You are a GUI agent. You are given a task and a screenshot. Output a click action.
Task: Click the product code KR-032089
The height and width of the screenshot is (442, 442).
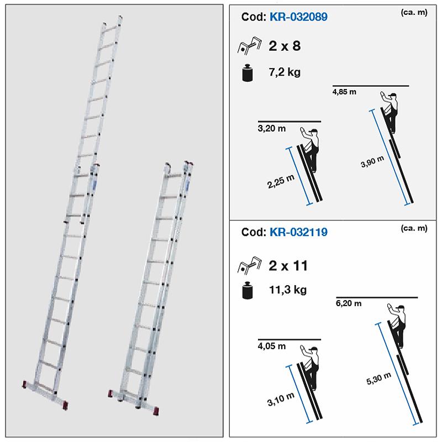(x=298, y=17)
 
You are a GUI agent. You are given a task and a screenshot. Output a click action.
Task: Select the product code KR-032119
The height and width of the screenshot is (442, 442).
(x=298, y=233)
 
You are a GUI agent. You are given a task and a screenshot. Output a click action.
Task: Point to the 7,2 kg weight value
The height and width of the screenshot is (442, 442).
(x=286, y=72)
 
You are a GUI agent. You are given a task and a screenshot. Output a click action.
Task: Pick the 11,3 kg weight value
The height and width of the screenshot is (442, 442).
(x=288, y=290)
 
